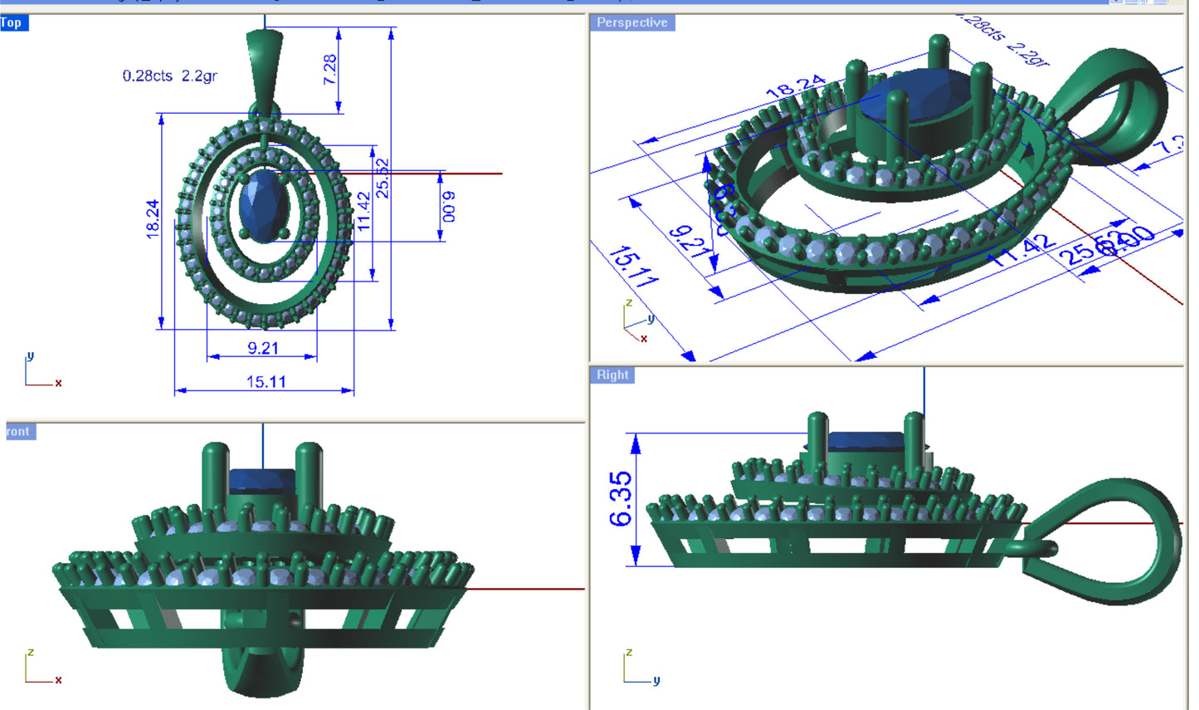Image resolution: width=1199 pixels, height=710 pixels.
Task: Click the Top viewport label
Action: (x=12, y=22)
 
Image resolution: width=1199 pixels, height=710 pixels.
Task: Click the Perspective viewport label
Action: (x=631, y=22)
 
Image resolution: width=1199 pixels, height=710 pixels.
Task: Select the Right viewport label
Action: (x=612, y=375)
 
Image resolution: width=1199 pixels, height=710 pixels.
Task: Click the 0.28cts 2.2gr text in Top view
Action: (x=169, y=76)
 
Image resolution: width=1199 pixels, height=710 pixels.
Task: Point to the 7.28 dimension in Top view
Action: (x=329, y=70)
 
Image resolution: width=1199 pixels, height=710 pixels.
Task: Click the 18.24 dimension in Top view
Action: (x=153, y=219)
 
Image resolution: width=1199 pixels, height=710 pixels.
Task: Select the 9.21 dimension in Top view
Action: (x=262, y=348)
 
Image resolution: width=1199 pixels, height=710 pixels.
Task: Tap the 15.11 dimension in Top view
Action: (x=266, y=382)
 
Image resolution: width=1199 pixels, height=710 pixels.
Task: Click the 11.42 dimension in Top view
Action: (x=363, y=213)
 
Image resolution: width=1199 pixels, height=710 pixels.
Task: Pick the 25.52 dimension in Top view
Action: (x=383, y=178)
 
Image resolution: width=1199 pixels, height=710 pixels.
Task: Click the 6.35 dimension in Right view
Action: (x=620, y=499)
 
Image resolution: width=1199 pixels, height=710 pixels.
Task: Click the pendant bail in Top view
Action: (x=264, y=71)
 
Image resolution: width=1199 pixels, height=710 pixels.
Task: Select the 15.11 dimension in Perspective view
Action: (x=633, y=266)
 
